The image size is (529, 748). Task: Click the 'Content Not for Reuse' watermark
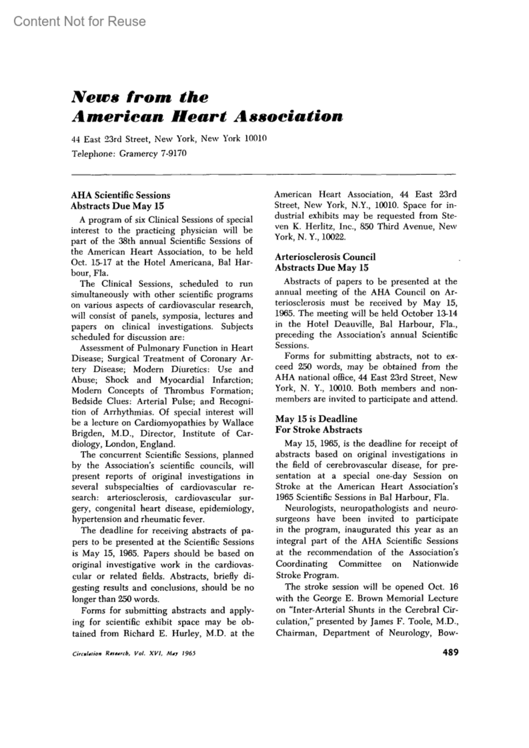coord(79,21)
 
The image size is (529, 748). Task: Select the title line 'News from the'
coord(140,97)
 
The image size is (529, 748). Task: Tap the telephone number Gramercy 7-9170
coord(153,154)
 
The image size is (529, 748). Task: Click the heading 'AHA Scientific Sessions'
coord(120,195)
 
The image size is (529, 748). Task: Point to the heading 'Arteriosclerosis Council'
coord(325,257)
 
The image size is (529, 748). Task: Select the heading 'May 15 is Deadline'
coord(316,419)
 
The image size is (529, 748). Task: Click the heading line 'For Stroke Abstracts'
coord(318,430)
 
